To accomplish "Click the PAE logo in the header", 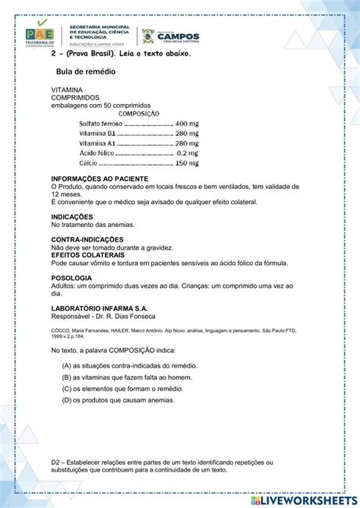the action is tap(39, 35).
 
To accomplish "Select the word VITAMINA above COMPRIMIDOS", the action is tap(68, 90).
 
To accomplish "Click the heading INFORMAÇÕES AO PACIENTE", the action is tap(93, 179).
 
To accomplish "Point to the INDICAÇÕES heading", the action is tap(72, 216).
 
